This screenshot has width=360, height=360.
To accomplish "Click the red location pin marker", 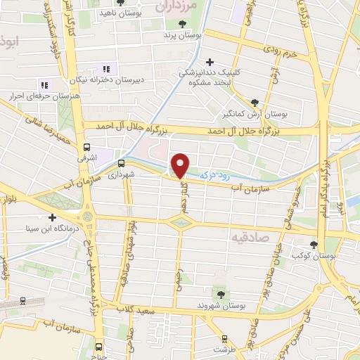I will point(181,165).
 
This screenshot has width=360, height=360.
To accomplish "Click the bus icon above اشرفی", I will point(87,148).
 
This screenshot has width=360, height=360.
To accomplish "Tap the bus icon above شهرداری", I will point(122,160).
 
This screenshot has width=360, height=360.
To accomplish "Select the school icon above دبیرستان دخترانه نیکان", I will point(107,69).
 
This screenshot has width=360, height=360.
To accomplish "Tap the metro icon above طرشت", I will point(225,338).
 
